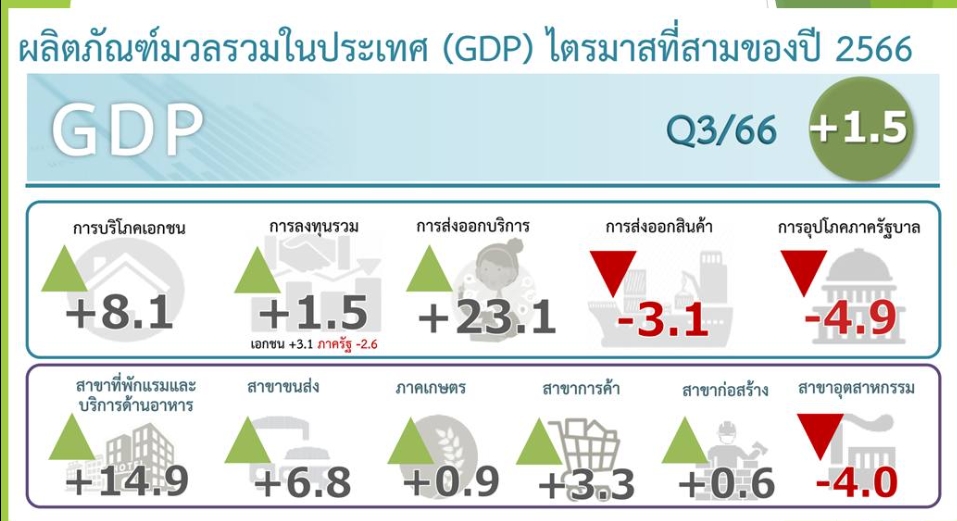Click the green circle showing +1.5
coord(861,129)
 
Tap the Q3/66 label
coord(721,130)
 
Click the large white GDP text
coord(127,129)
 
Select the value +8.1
coord(119,314)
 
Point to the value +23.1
coord(487,318)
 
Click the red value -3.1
coord(663,318)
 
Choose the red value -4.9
coord(850,318)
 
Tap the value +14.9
coord(127,481)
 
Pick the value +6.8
coord(302,482)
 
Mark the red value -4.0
coord(857,482)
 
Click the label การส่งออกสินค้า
coord(659,227)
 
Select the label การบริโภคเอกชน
coord(129,228)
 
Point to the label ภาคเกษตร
coord(430,387)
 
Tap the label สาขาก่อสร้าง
coord(724,389)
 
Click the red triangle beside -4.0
coord(820,430)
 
